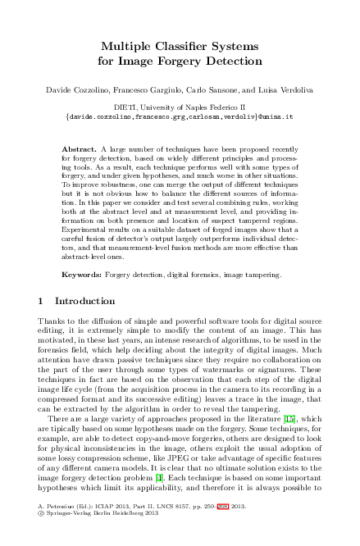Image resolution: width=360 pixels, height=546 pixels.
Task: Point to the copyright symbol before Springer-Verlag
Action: coord(42,538)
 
